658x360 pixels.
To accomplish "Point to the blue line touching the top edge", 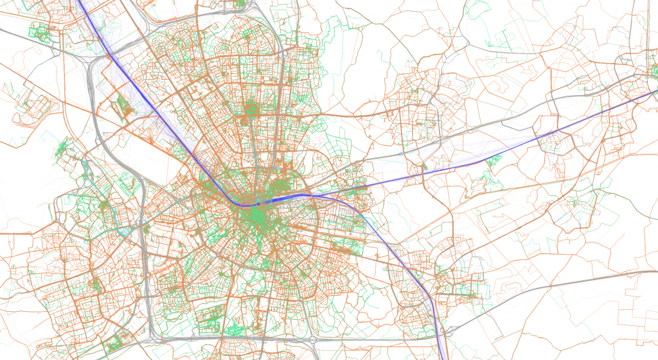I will coord(80,2).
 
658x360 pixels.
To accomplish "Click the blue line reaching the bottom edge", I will coord(445,357).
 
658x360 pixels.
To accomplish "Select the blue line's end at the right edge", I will coord(655,91).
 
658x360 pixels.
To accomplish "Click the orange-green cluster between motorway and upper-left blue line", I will coord(125,107).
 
